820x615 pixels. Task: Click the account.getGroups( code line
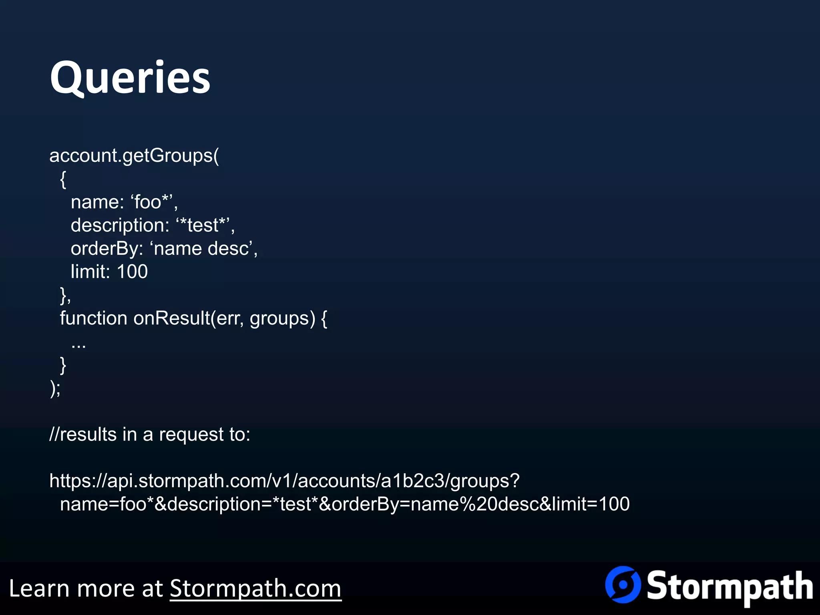tap(134, 155)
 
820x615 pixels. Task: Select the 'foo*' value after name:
tap(152, 202)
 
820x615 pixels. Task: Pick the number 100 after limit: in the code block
tap(132, 271)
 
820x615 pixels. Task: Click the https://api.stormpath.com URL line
tap(284, 480)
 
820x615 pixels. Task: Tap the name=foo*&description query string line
tap(344, 504)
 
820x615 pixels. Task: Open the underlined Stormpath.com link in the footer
tap(255, 589)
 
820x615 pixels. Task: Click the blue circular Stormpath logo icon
tap(623, 585)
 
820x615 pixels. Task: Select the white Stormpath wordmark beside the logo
tap(730, 587)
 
